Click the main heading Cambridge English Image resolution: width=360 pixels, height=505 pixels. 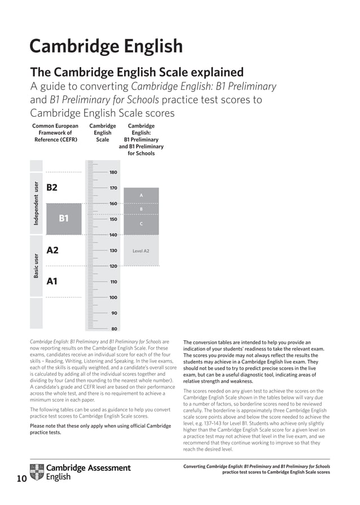[x=106, y=46]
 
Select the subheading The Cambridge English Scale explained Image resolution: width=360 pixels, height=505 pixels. [x=137, y=73]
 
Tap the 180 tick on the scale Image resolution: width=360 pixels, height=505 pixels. [x=113, y=172]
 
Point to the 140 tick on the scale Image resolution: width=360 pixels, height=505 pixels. [x=113, y=235]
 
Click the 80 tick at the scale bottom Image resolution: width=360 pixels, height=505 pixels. [x=114, y=328]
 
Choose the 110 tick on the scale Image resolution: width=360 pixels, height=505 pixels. [x=113, y=282]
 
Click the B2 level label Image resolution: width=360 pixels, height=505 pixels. [x=52, y=187]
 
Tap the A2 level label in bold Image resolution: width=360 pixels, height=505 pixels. [x=52, y=250]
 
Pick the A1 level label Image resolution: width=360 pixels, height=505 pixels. [x=52, y=281]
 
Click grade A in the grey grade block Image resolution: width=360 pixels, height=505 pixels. [x=141, y=195]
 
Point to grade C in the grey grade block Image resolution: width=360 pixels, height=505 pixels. [x=141, y=224]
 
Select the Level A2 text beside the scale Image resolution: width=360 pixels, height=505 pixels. [x=141, y=251]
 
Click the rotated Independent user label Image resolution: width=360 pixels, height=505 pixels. [x=36, y=204]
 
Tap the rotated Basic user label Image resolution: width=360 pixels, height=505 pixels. [x=36, y=266]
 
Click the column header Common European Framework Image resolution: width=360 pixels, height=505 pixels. [x=55, y=133]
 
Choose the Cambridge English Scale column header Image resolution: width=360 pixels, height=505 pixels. [x=103, y=133]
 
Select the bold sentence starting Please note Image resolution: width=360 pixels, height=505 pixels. [x=99, y=429]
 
